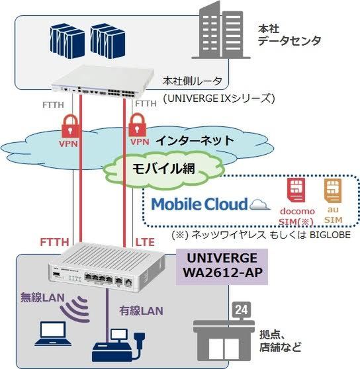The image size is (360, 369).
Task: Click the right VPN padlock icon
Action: (x=138, y=125)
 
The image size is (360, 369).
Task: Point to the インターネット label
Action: (x=195, y=140)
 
